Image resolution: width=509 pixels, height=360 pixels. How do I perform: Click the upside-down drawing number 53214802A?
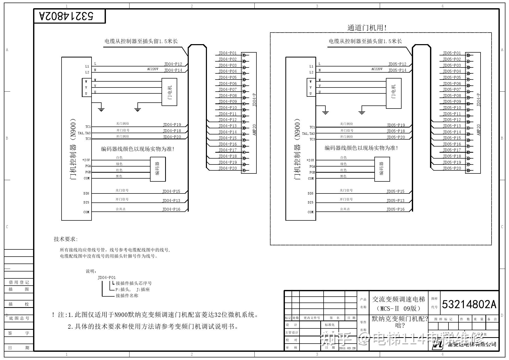(67, 16)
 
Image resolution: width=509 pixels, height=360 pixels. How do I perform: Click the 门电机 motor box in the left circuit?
(169, 92)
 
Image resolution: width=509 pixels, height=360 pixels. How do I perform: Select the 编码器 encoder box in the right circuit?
(382, 169)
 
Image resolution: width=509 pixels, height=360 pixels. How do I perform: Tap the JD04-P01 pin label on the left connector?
(227, 53)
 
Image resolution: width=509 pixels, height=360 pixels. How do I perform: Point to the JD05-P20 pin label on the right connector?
(452, 168)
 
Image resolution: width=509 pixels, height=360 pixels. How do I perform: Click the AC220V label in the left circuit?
(153, 69)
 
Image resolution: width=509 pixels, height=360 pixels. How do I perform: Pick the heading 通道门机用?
(367, 28)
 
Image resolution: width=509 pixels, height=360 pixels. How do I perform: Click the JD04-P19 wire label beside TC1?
(172, 125)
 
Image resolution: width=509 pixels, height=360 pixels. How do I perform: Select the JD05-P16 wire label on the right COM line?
(395, 209)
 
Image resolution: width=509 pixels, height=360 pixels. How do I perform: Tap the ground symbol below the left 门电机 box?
(138, 110)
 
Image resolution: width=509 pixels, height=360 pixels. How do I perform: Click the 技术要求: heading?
(66, 239)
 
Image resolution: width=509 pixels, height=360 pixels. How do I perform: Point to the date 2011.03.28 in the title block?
(347, 348)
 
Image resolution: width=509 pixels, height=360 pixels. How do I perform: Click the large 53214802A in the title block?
(469, 304)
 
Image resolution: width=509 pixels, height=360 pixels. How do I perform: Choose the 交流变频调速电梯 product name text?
(398, 299)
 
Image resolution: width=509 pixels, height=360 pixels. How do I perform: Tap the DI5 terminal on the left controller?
(86, 202)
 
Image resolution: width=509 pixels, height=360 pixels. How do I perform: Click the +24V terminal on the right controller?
(310, 160)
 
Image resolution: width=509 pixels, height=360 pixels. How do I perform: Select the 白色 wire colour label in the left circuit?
(119, 158)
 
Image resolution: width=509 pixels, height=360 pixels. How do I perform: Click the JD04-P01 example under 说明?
(107, 278)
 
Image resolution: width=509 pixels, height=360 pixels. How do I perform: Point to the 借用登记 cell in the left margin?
(19, 283)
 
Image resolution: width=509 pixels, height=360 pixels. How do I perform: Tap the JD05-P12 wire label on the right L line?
(397, 64)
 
